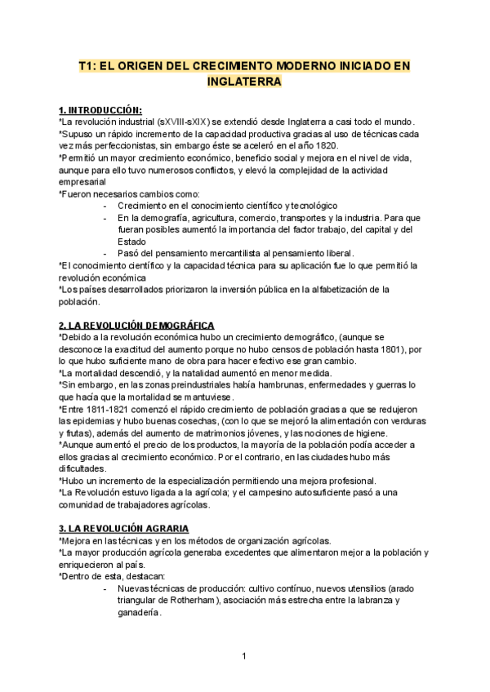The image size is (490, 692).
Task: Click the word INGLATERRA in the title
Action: [x=245, y=82]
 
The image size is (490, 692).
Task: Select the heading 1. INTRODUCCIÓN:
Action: [x=100, y=110]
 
